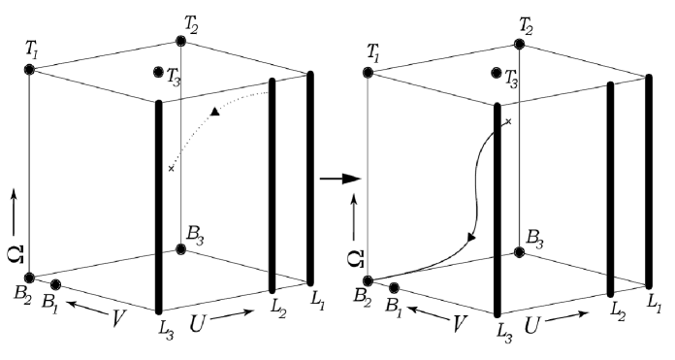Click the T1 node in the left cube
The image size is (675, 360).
coord(29,71)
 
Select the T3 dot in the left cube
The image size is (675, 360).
coord(158,72)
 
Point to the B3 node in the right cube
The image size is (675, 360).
coord(520,251)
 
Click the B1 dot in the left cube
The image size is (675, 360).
coord(56,285)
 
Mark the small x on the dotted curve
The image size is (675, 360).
coord(171,169)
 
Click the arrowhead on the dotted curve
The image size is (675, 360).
coord(214,114)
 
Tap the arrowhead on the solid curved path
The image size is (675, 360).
coord(472,236)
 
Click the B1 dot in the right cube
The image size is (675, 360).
coord(395,287)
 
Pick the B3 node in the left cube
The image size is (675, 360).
coord(181,249)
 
